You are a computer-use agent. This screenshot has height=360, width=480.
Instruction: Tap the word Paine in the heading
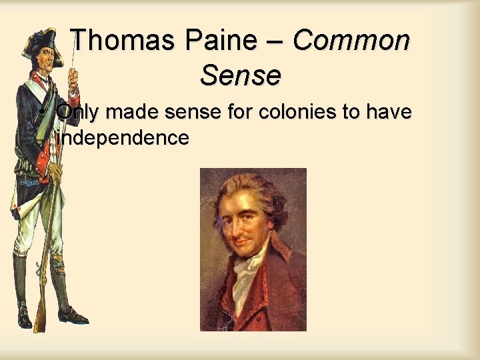(221, 41)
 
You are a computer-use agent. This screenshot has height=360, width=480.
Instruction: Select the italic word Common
(351, 41)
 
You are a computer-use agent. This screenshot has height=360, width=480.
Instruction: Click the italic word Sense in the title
(240, 76)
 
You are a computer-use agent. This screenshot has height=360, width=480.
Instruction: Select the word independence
(123, 138)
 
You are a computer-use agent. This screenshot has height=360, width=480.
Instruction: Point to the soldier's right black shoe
(71, 315)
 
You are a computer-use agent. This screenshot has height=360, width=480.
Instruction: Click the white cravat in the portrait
(250, 270)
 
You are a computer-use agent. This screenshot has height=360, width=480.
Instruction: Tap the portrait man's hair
(270, 200)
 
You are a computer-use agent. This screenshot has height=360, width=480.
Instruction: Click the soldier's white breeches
(33, 227)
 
